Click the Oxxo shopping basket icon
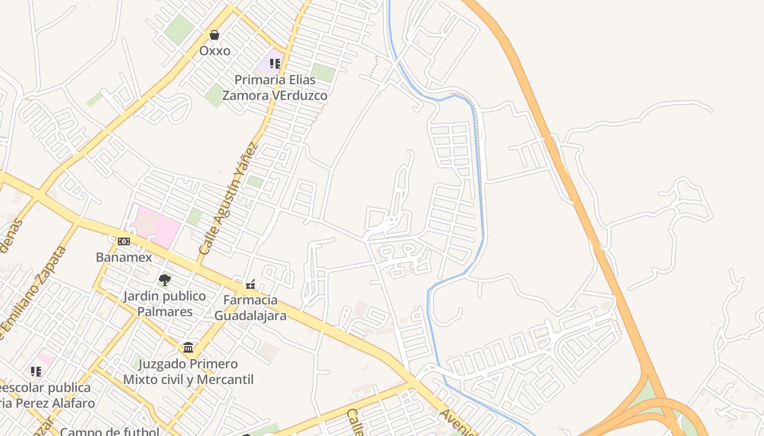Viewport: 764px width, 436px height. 214,35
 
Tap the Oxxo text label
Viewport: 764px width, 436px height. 214,51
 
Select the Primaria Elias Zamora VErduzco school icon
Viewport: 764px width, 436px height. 275,64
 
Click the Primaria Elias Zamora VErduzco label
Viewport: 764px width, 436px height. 275,88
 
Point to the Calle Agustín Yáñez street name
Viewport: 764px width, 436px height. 228,199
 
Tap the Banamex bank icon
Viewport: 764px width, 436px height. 124,241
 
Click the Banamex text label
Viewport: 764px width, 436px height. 124,257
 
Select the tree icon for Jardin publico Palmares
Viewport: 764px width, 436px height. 164,281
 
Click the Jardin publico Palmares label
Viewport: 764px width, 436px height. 164,304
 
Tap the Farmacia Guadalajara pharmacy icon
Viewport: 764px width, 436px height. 250,284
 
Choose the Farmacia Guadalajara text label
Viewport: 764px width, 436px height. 250,308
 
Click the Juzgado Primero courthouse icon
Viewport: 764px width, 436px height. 188,348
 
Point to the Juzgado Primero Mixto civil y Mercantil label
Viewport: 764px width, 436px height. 188,372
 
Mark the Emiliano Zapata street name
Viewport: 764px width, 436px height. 34,294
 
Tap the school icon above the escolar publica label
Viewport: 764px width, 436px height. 36,372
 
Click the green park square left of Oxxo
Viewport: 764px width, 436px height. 178,29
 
